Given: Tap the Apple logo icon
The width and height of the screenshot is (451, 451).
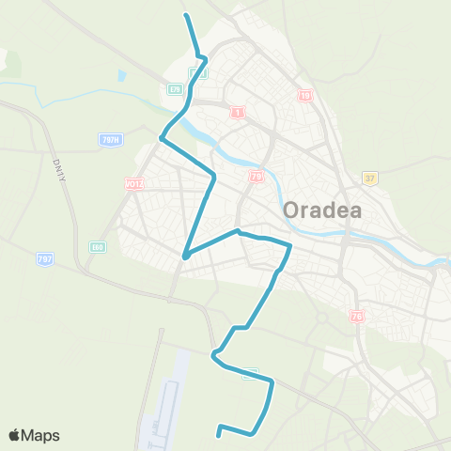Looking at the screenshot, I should coord(16,435).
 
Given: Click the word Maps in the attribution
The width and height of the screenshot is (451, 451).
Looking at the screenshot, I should coord(41,435).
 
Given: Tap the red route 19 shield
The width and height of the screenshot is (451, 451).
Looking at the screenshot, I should coord(305,95).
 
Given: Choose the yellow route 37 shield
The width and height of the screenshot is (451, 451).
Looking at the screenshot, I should coord(370,177).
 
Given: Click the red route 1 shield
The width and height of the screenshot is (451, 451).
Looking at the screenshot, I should coord(238,112).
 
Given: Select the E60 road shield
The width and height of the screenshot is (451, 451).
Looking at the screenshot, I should coord(97,247).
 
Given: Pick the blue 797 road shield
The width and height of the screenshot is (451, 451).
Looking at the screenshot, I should coord(44,257).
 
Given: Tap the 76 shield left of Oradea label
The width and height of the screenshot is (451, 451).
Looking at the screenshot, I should coord(257,177).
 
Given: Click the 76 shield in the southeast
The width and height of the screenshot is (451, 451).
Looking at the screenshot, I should coord(356,316).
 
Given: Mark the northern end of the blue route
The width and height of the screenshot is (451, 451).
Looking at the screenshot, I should coord(186,15).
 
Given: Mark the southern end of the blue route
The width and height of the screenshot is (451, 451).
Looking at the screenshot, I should coord(220,434).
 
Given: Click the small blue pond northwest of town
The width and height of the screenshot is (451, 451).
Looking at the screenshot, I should coord(121,75).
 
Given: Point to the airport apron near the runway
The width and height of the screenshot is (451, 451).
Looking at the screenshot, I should coord(169,404).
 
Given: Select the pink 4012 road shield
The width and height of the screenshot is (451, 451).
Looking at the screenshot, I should coord(132,184).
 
